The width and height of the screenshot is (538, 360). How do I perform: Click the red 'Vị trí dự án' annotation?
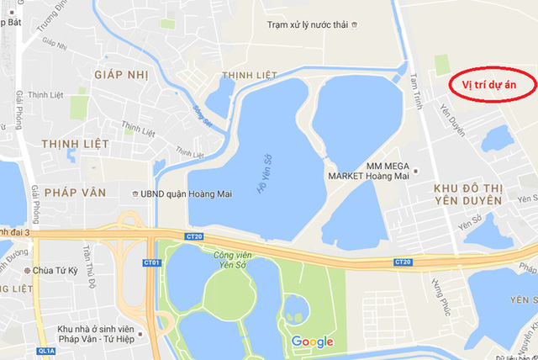[488, 85]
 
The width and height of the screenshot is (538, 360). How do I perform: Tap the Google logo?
[313, 341]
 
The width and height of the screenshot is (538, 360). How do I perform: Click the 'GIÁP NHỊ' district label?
[122, 75]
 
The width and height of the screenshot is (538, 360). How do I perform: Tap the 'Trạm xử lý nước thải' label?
[307, 25]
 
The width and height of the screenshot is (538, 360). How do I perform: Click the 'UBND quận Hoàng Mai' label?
[186, 193]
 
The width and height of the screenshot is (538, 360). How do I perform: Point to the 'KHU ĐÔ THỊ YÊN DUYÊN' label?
[468, 193]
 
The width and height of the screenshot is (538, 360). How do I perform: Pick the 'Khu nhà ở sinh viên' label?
[98, 328]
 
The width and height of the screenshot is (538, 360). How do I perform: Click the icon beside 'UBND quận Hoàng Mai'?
[134, 193]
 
